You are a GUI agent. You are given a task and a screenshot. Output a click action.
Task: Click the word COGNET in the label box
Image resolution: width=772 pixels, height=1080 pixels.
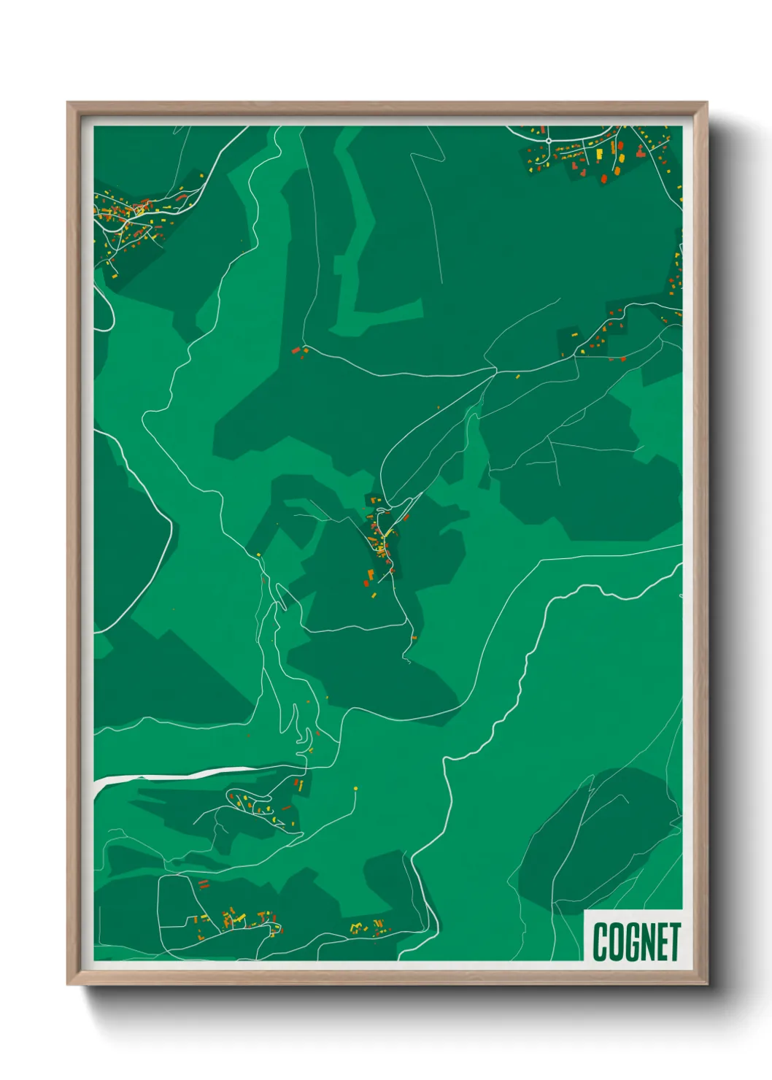tap(636, 941)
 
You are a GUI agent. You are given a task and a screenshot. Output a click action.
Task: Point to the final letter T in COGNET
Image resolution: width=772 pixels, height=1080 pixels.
tap(675, 941)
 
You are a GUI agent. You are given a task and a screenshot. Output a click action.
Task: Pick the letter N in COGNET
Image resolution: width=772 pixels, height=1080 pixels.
tap(649, 941)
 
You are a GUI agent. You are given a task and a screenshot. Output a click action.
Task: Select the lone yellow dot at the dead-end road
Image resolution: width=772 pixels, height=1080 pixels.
tap(355, 788)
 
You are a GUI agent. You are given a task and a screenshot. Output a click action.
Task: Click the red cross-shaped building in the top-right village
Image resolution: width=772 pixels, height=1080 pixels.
tap(640, 153)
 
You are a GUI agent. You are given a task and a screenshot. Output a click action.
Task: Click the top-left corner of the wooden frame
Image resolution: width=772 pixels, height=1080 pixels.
tap(69, 104)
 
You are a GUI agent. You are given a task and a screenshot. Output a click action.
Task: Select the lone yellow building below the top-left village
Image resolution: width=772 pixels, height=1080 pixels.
tap(115, 275)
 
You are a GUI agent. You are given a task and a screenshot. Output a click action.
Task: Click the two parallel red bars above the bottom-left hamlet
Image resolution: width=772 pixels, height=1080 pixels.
tap(204, 885)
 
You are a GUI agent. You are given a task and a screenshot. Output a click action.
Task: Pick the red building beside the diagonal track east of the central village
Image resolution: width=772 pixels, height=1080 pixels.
tap(406, 517)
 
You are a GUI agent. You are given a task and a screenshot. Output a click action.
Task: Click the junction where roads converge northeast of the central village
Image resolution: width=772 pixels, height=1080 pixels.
tap(496, 371)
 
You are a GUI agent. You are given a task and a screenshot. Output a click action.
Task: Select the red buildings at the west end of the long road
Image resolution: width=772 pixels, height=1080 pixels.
tap(296, 351)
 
